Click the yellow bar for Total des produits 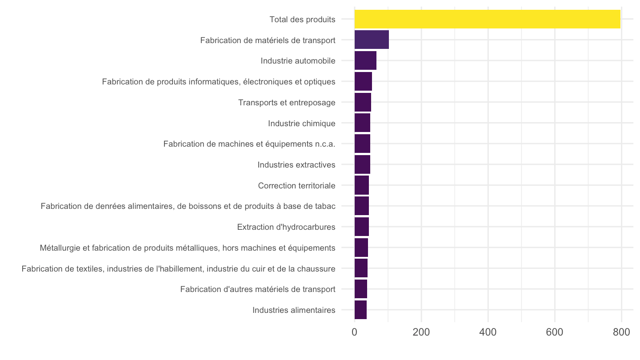tap(488, 19)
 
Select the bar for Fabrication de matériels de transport tap(372, 40)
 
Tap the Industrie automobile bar tap(365, 60)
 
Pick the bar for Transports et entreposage tap(363, 102)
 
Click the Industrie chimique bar tap(362, 123)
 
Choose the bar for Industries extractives tap(362, 164)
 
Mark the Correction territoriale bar tap(362, 185)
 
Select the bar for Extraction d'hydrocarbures tap(362, 227)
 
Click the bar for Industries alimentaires tap(360, 310)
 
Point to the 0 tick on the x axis tap(355, 332)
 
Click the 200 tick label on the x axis tap(421, 332)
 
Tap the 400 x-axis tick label tap(488, 332)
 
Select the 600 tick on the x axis tap(555, 332)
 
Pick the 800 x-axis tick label tap(621, 332)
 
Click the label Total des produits tap(303, 20)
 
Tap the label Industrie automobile tap(298, 61)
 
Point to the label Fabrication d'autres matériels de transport tap(258, 289)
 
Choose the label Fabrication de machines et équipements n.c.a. tap(249, 144)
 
